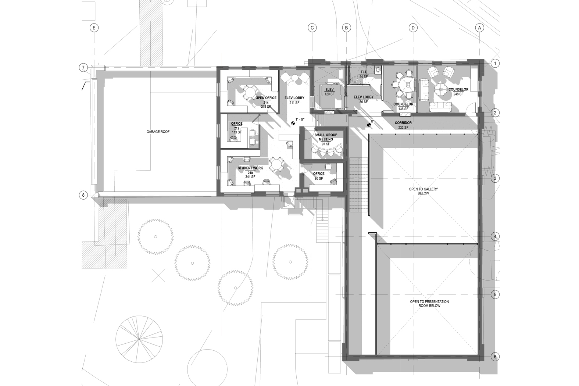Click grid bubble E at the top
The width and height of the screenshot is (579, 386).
click(x=94, y=28)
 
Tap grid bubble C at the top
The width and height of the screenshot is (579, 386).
click(x=312, y=28)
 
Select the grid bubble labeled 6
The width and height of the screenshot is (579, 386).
click(x=495, y=357)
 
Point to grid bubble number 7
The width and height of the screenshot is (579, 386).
click(x=83, y=68)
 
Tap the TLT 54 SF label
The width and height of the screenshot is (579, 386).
click(x=364, y=75)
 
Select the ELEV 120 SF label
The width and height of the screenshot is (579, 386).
click(x=329, y=92)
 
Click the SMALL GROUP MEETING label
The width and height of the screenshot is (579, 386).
click(x=326, y=139)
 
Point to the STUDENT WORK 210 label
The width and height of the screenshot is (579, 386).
click(x=250, y=172)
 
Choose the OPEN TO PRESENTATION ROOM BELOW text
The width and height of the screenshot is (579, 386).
click(x=429, y=304)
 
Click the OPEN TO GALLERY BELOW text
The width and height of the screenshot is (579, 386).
click(x=423, y=191)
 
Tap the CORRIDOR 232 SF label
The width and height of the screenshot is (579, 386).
click(x=403, y=125)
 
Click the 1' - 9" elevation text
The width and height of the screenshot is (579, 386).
click(x=300, y=119)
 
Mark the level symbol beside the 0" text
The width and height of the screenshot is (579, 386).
click(x=369, y=125)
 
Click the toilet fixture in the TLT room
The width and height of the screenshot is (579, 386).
click(x=378, y=69)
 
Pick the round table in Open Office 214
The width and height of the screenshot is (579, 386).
click(x=250, y=92)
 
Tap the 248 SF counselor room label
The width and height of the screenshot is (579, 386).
click(x=458, y=92)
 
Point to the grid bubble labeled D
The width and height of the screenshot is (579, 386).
click(x=413, y=28)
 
